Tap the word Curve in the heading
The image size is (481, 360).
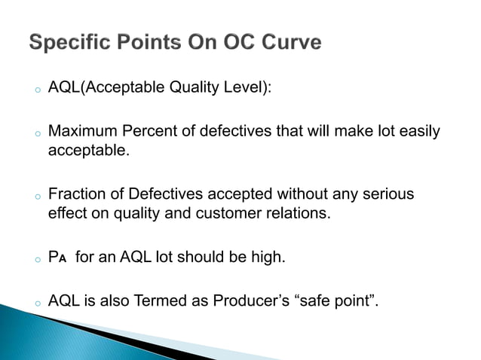(288, 43)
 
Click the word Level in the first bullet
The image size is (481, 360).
(243, 89)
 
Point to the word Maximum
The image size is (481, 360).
(79, 132)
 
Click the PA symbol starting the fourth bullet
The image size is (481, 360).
(57, 258)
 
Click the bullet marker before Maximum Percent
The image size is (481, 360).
(35, 134)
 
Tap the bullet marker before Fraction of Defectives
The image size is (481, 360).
(35, 197)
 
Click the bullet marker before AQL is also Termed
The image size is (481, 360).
(35, 304)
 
